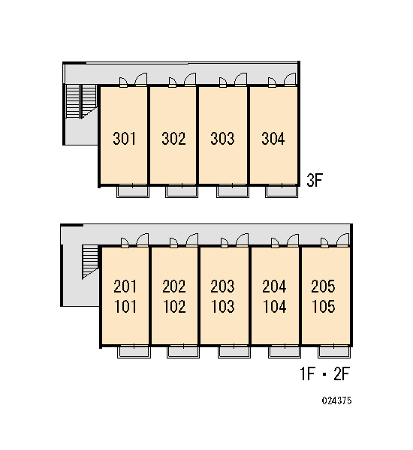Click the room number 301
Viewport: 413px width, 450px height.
pos(125,139)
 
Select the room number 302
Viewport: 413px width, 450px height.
pos(173,139)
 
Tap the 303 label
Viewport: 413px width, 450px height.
pos(222,139)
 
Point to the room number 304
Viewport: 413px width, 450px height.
pos(273,139)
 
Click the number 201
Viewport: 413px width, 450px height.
pos(125,286)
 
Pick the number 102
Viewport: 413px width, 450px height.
pos(174,307)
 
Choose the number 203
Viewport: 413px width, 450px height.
pos(222,286)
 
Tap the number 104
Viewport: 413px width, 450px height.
pos(275,307)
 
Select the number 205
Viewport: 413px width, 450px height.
pos(323,286)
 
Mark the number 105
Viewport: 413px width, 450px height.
pos(324,307)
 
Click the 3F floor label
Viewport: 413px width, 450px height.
pos(315,180)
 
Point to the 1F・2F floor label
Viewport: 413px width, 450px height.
pos(324,373)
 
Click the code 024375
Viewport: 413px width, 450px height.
pos(336,400)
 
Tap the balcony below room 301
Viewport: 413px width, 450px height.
pos(133,191)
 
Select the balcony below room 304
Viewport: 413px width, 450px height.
pos(282,191)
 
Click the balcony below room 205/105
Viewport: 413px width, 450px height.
pos(334,352)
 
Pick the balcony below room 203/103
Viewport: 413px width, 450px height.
pos(234,352)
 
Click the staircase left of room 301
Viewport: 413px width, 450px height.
pos(81,101)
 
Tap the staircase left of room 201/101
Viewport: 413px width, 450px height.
pos(90,261)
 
